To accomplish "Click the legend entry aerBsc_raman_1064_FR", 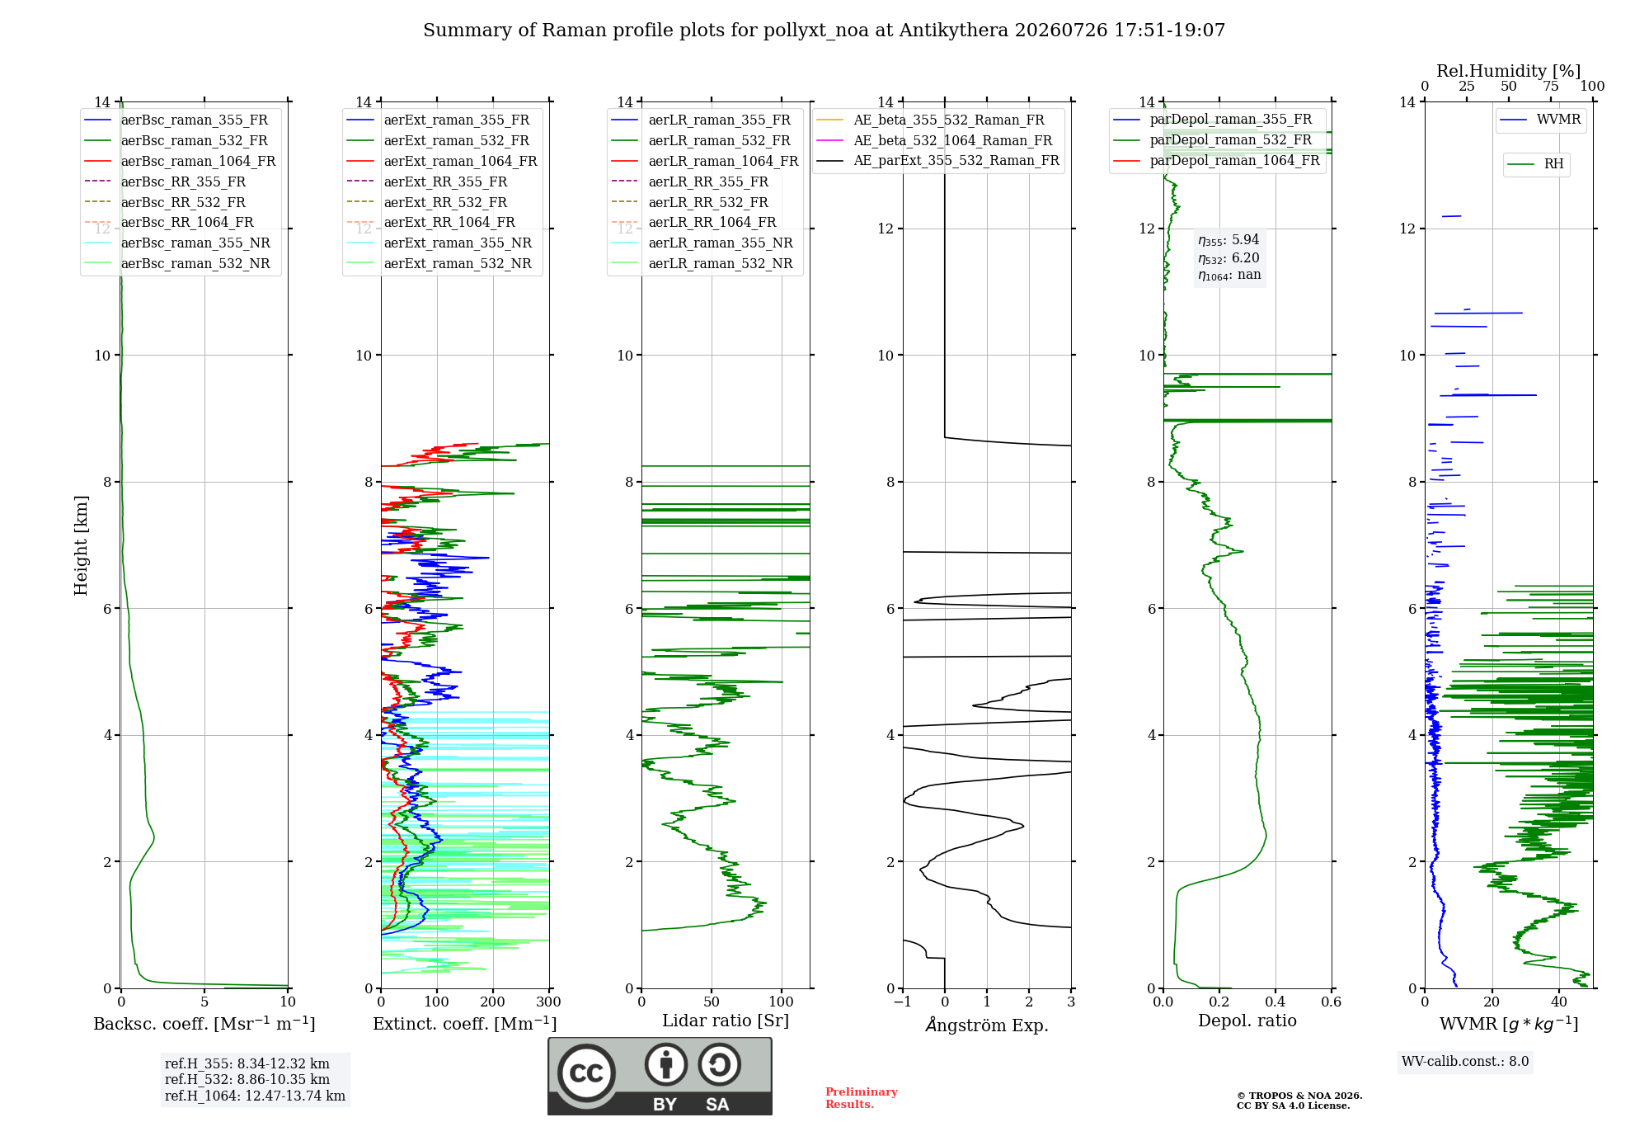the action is pos(180,162).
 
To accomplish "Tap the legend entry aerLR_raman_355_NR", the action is pos(702,243).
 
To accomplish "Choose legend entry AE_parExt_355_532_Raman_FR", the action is pos(937,161).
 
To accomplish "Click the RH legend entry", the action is pos(1535,164).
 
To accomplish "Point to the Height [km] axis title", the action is pos(81,545).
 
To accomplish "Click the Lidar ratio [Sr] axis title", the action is pos(726,1021).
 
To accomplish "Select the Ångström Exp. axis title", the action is pos(987,1025).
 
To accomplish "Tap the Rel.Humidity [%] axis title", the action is pos(1509,71).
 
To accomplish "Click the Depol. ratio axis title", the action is pos(1247,1021).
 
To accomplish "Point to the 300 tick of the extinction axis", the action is pos(548,1002).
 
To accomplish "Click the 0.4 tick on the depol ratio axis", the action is pos(1276,1002).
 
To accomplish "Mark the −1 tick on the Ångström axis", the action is pos(903,1002).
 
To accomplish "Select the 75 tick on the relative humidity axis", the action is pos(1551,86).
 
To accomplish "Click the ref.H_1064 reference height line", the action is pos(255,1096).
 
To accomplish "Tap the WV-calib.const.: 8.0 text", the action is pos(1465,1062).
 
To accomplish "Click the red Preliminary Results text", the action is pos(862,1098).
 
